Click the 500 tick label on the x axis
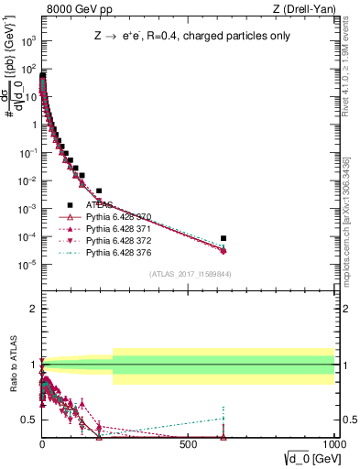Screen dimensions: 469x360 [188, 443]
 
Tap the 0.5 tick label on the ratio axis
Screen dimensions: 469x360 [28, 420]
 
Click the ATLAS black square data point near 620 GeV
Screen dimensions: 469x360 [223, 238]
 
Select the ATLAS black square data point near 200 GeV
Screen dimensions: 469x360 [99, 191]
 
